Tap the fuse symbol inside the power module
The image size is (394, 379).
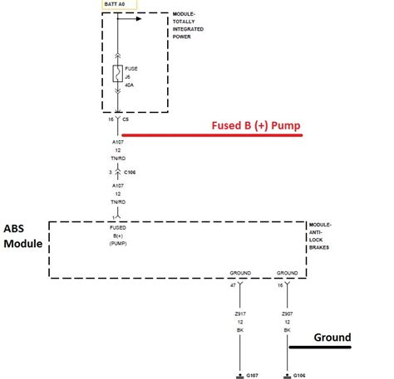pyautogui.click(x=118, y=75)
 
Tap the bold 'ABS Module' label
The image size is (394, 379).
pyautogui.click(x=22, y=237)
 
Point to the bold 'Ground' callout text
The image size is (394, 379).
pyautogui.click(x=332, y=337)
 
